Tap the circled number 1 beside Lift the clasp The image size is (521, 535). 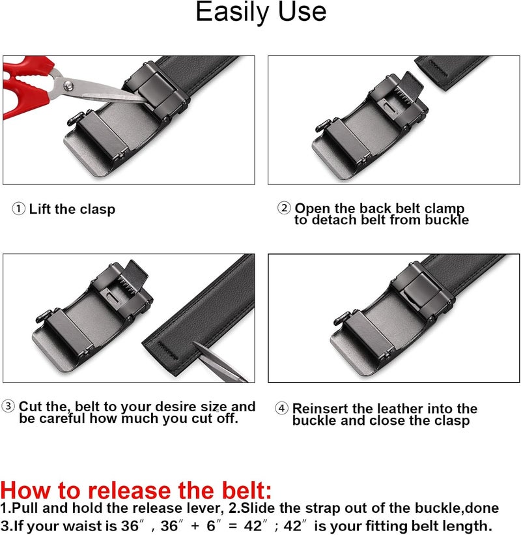pyautogui.click(x=19, y=209)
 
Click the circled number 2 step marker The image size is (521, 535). pyautogui.click(x=284, y=209)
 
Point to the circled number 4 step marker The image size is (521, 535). pyautogui.click(x=282, y=409)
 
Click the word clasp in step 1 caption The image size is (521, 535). pyautogui.click(x=97, y=209)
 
